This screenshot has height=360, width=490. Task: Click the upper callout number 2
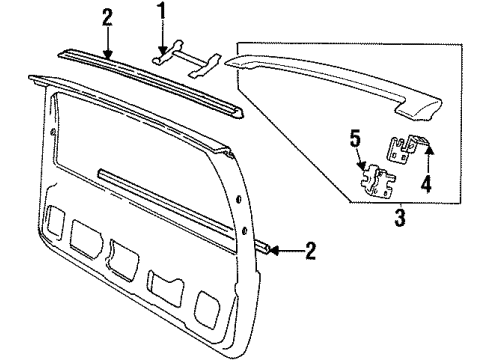click(107, 17)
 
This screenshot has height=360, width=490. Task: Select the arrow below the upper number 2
click(107, 44)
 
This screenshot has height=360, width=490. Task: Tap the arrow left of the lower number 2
click(283, 247)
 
